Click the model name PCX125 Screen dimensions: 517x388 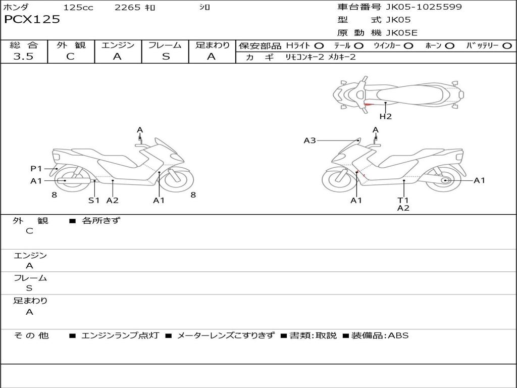point(32,20)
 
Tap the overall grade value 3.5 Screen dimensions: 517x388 point(23,57)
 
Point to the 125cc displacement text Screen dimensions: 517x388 point(78,8)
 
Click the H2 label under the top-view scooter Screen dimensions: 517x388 point(386,117)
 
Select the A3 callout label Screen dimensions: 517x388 point(309,140)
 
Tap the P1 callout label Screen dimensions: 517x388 point(36,169)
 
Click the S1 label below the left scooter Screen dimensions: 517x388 point(94,200)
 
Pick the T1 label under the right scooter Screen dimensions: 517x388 point(403,200)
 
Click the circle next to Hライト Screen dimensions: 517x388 point(319,46)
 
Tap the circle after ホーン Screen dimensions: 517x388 point(449,46)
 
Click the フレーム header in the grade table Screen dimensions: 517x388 point(165,45)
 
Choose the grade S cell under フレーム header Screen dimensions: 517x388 point(166,57)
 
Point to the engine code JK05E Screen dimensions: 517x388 point(401,33)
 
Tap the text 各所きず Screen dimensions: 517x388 point(101,221)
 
